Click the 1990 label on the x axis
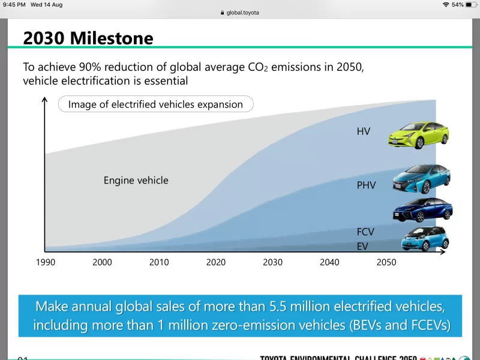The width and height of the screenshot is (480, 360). click(46, 262)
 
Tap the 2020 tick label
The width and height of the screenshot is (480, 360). click(216, 262)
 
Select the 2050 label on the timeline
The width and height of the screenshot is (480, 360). click(386, 262)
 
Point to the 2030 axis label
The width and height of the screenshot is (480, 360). click(273, 262)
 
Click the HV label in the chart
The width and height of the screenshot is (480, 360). click(364, 131)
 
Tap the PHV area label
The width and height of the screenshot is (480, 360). click(366, 185)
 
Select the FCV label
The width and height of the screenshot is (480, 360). click(366, 232)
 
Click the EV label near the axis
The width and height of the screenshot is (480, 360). click(362, 246)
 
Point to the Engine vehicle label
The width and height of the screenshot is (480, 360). click(136, 180)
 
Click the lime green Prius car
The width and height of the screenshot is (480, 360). click(419, 133)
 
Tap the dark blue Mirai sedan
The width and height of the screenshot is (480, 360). click(422, 209)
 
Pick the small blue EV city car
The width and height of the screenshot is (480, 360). click(425, 239)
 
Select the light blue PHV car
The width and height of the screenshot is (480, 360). click(421, 178)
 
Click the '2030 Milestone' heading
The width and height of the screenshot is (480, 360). click(88, 38)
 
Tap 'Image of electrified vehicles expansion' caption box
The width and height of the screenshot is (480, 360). click(155, 104)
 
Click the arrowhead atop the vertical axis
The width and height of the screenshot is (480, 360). click(44, 99)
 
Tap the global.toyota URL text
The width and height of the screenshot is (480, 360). click(242, 13)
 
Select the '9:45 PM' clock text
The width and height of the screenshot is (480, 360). click(14, 4)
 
